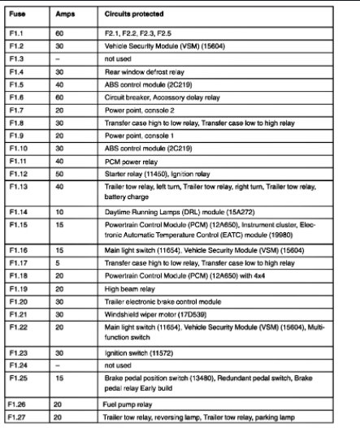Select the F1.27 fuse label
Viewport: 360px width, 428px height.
click(x=18, y=416)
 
